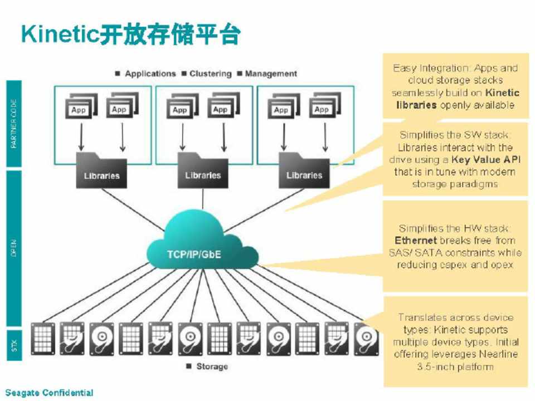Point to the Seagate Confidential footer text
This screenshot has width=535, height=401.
click(50, 393)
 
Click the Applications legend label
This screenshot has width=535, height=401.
click(150, 74)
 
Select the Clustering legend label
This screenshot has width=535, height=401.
click(210, 74)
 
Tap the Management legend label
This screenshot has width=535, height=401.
click(271, 74)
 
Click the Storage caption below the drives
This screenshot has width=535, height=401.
click(212, 366)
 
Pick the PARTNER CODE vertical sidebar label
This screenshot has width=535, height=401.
click(14, 124)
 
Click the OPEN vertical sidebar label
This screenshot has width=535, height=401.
click(14, 247)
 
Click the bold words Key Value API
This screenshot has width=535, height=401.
click(486, 160)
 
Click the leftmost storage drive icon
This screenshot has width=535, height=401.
click(43, 338)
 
